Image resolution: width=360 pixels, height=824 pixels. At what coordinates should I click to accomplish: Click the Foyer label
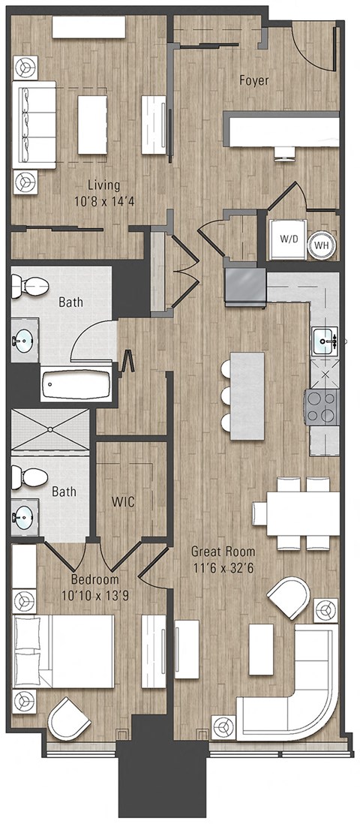(254, 80)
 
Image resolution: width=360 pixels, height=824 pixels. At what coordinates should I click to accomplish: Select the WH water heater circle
(322, 244)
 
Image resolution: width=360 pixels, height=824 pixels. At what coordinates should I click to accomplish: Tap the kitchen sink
(325, 341)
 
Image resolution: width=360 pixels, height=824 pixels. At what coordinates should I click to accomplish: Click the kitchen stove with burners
(320, 405)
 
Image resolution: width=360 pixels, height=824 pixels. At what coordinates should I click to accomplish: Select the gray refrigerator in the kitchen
(245, 287)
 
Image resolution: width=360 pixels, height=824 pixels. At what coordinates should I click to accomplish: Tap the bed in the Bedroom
(63, 651)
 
